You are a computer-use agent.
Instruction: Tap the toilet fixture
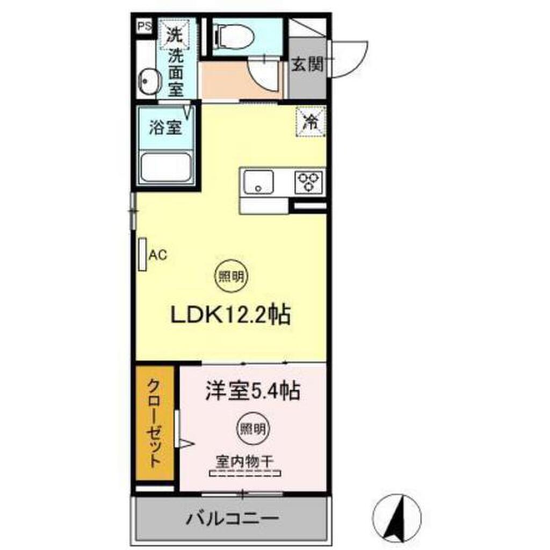tap(232, 37)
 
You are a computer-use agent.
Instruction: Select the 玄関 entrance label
tap(307, 65)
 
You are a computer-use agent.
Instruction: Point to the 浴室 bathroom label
tap(165, 128)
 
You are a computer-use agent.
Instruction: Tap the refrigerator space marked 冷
tap(310, 121)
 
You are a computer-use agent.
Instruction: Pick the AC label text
tap(157, 255)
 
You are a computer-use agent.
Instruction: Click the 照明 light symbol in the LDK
tap(231, 277)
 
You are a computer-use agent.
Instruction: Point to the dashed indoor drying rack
tap(245, 474)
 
